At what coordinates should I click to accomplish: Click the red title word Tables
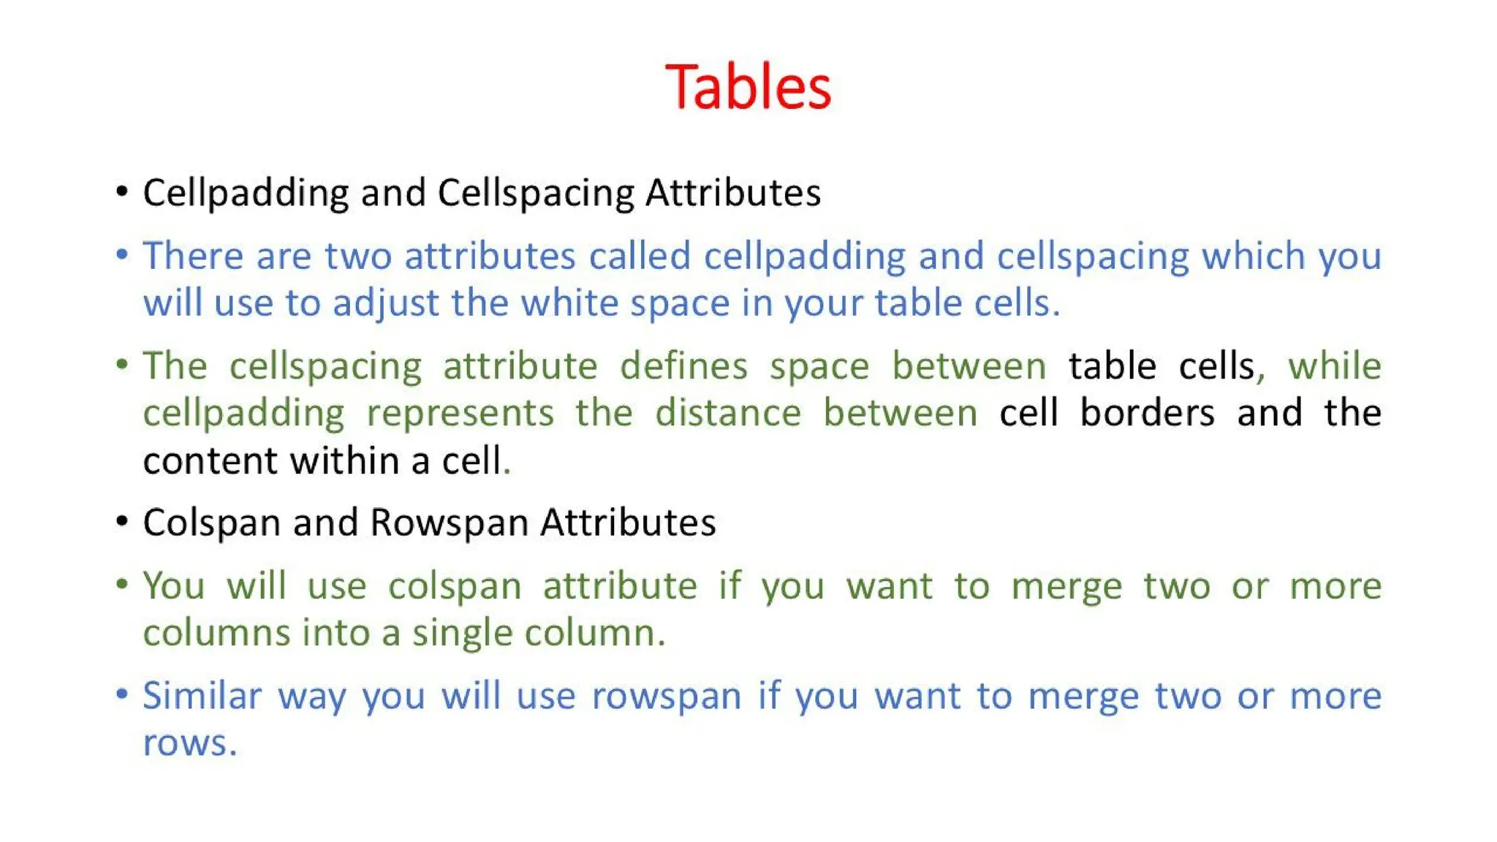point(748,87)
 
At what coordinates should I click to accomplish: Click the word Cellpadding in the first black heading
point(246,194)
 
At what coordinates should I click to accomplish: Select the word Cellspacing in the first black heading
point(536,194)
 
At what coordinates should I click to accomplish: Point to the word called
point(640,256)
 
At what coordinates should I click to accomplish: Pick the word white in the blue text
point(569,303)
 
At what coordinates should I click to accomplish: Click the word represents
point(460,413)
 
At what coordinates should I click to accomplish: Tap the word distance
point(728,413)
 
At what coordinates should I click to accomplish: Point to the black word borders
point(1148,413)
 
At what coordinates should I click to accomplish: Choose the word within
point(344,460)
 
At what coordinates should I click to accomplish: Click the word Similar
point(202,695)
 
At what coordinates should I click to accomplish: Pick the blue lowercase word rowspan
point(666,697)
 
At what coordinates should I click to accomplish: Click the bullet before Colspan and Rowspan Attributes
point(122,522)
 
